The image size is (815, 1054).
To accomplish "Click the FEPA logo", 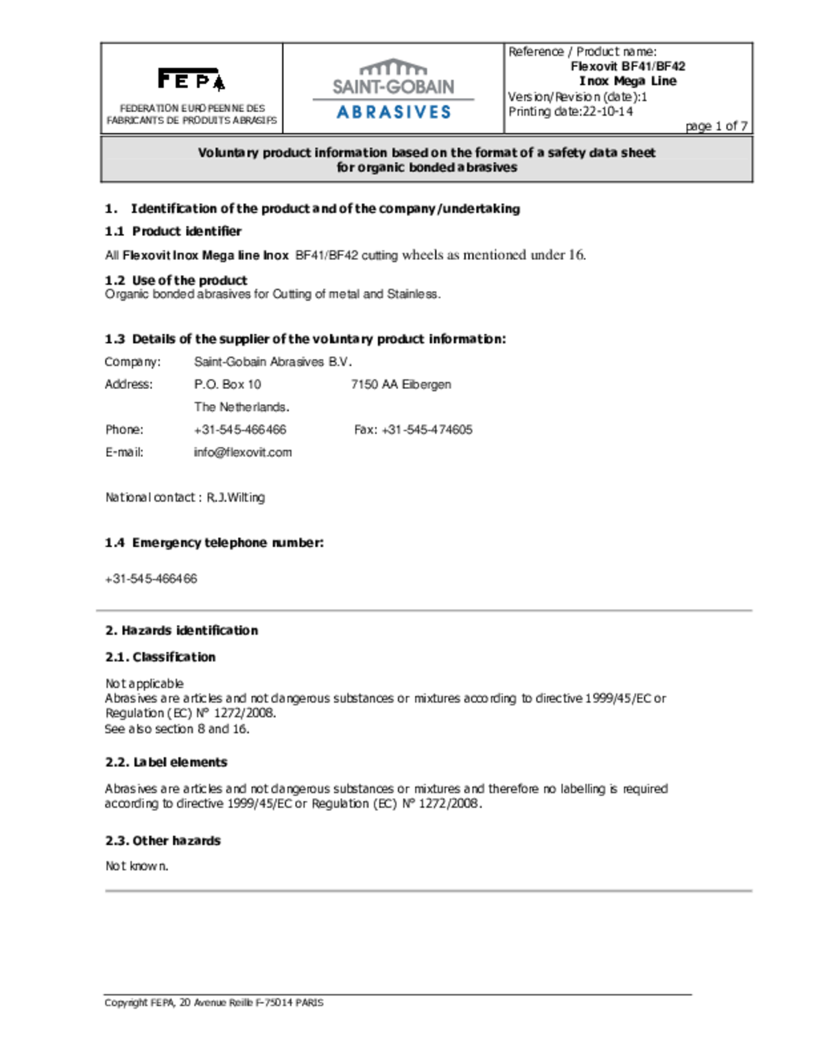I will (191, 79).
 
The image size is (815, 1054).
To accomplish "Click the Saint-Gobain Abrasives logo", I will (393, 89).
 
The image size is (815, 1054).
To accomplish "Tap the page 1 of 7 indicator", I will (716, 126).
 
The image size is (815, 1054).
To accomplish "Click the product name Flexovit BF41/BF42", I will (628, 67).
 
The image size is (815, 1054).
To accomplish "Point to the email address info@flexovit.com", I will (243, 452).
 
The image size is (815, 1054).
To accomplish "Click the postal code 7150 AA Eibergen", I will (401, 384).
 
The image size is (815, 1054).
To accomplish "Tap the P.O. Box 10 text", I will (227, 384).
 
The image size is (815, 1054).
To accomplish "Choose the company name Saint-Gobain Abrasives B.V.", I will (272, 362).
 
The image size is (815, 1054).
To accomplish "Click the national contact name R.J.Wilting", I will (235, 497).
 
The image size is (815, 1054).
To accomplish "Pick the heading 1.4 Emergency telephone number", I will (214, 543).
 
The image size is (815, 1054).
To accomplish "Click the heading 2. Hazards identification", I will (182, 631).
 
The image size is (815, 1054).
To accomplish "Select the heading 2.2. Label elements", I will (166, 762).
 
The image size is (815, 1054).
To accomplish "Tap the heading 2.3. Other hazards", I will (163, 841).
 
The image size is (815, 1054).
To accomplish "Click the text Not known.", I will (137, 866).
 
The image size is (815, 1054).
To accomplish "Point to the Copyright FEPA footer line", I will (213, 1003).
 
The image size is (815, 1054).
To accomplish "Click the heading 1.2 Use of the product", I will (176, 280).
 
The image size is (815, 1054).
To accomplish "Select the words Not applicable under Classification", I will (144, 683).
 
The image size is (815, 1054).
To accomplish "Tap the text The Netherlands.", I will (241, 407).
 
